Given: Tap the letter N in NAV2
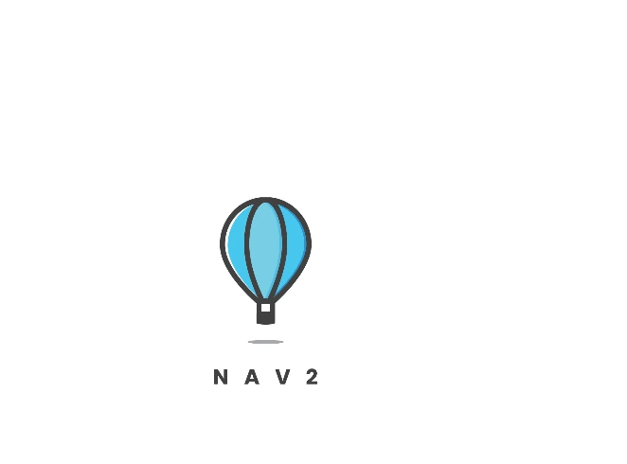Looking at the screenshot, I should [x=220, y=378].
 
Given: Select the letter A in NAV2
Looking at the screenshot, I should [x=250, y=378].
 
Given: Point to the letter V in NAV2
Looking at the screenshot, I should [x=280, y=378].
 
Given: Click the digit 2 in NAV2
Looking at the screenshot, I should [x=311, y=378].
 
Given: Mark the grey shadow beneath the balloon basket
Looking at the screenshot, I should [x=265, y=341].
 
